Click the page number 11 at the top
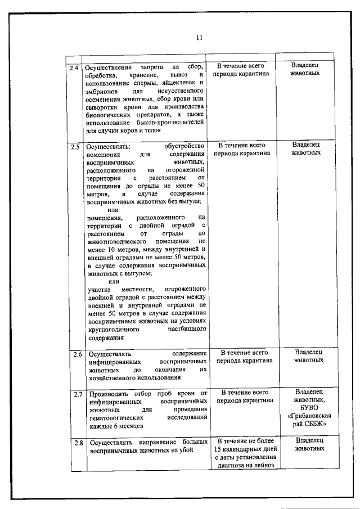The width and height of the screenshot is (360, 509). [199, 38]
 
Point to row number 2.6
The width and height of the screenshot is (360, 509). [78, 354]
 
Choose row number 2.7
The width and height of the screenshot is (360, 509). [78, 394]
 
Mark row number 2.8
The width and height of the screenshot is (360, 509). [78, 443]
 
